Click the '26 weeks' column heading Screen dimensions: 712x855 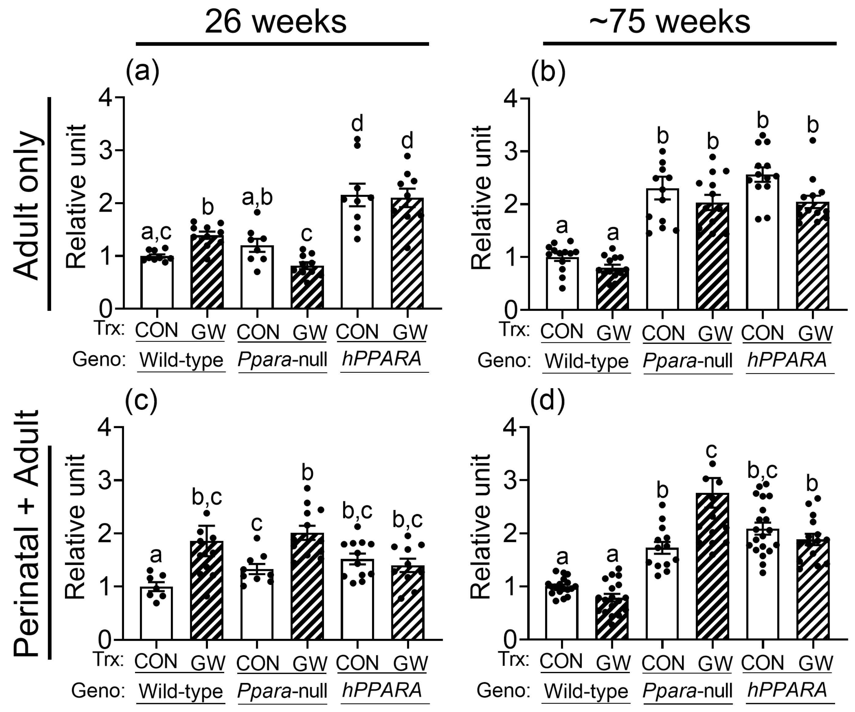pyautogui.click(x=276, y=22)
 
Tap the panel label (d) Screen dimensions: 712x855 pyautogui.click(x=548, y=401)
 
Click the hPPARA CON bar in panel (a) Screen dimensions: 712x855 pyautogui.click(x=357, y=252)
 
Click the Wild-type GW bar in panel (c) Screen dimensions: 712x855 pyautogui.click(x=207, y=591)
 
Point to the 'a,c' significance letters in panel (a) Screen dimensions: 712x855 pyautogui.click(x=157, y=232)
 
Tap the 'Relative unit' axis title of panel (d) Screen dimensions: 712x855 pyautogui.click(x=481, y=527)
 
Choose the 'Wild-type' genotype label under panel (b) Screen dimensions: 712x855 pyautogui.click(x=586, y=361)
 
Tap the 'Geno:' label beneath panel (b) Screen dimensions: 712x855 pyautogui.click(x=504, y=361)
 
